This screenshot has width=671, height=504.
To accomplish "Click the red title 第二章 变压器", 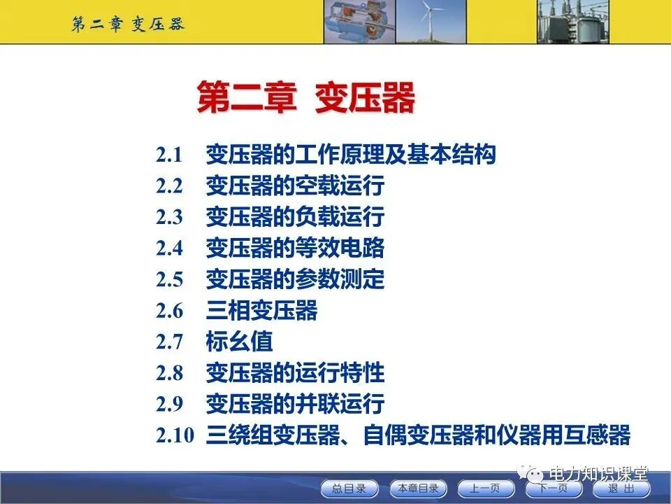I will (305, 97).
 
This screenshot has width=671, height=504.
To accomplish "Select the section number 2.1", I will (168, 154).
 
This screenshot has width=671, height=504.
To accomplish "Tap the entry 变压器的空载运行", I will (294, 186).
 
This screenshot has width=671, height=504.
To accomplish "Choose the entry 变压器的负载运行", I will (294, 217).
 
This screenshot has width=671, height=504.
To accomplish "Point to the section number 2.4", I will (168, 248).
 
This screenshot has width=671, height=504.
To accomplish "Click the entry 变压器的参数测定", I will (294, 279).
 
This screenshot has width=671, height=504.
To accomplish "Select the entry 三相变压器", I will (261, 310).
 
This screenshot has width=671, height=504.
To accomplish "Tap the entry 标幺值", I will (239, 342).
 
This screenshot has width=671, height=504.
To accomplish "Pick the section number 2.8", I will (168, 372).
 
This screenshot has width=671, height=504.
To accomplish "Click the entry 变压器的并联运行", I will (294, 404).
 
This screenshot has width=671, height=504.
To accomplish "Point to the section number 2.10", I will (174, 435).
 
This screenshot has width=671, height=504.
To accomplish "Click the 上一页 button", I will (485, 489).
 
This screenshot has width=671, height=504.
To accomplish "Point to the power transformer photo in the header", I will (570, 22).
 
